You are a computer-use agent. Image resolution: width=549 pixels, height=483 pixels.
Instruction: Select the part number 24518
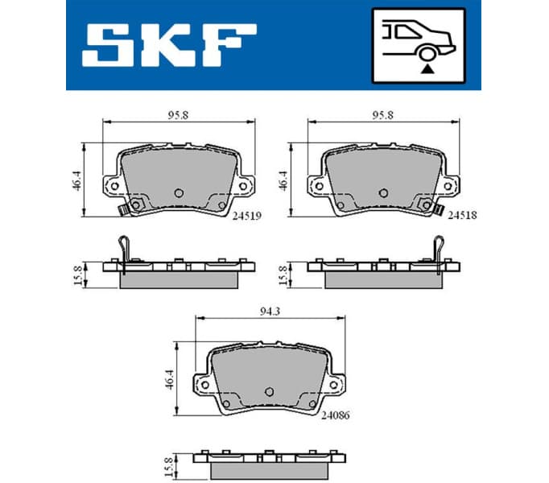coord(461,215)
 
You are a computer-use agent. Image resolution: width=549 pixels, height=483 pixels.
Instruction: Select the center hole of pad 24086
coord(270,392)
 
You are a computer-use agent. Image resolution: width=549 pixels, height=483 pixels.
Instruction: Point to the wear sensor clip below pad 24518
coord(439,211)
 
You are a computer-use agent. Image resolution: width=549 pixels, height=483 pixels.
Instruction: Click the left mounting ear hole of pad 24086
coord(204,384)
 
